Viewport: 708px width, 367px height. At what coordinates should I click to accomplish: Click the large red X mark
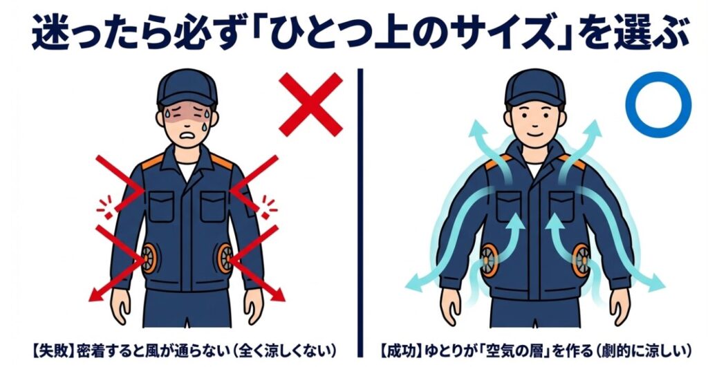pyautogui.click(x=311, y=104)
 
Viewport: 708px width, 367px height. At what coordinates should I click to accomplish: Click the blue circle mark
pyautogui.click(x=658, y=104)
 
